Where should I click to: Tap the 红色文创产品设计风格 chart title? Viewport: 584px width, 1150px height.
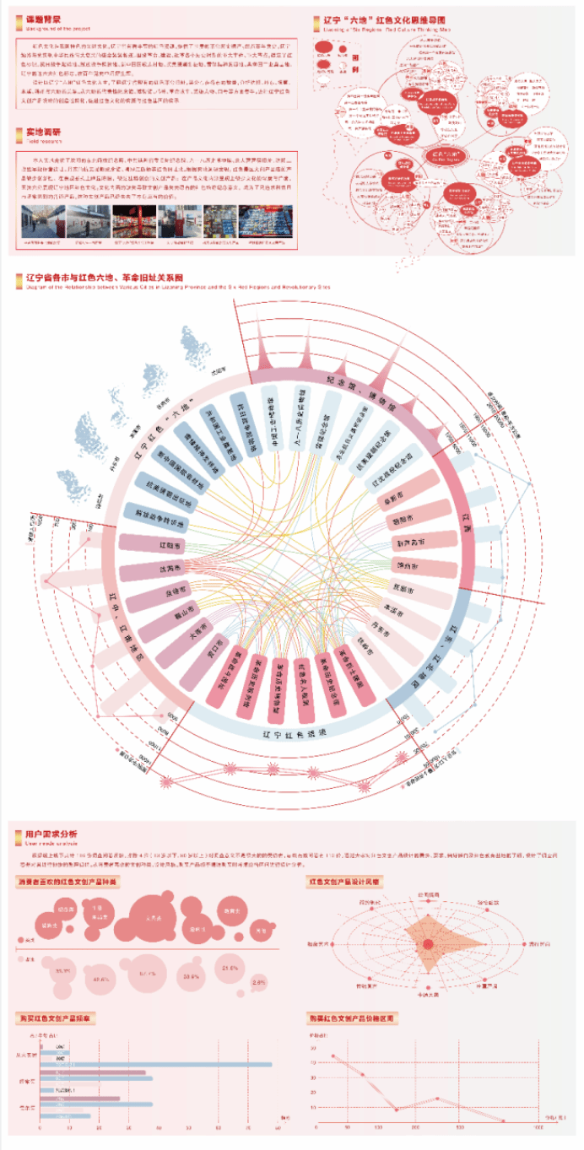[346, 882]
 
